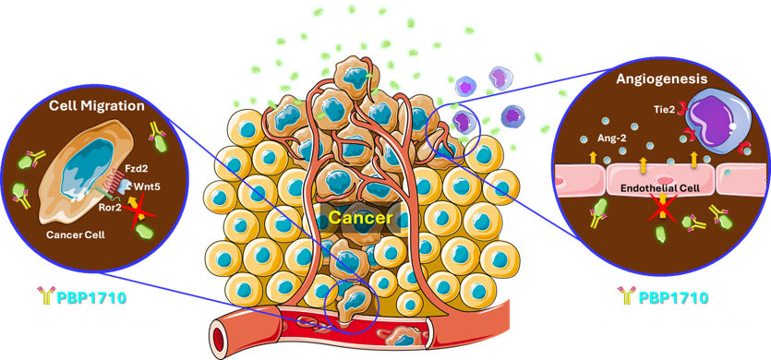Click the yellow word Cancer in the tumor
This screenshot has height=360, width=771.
pyautogui.click(x=360, y=217)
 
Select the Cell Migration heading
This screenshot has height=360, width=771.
pyautogui.click(x=96, y=106)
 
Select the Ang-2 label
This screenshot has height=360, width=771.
pyautogui.click(x=613, y=138)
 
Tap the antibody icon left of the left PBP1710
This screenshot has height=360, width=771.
pyautogui.click(x=44, y=296)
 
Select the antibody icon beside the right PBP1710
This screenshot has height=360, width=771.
pyautogui.click(x=626, y=296)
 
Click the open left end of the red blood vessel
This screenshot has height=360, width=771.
pyautogui.click(x=218, y=333)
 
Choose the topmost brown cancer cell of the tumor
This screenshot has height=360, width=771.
pyautogui.click(x=354, y=74)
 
